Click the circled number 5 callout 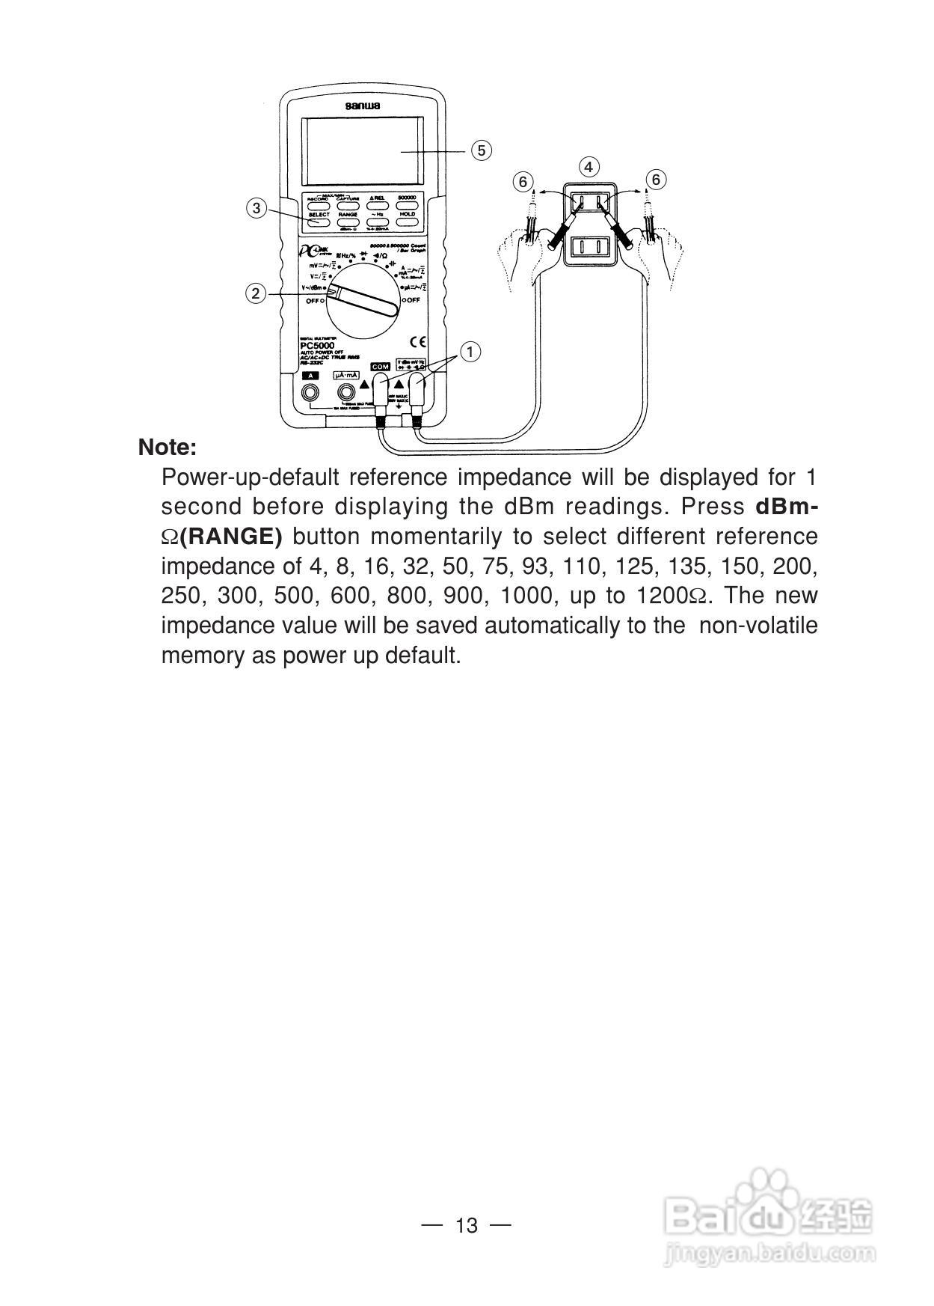[x=481, y=150]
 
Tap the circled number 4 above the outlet [x=589, y=167]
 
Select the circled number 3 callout [x=256, y=208]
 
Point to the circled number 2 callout [x=256, y=293]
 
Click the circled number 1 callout [x=470, y=352]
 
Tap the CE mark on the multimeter [x=419, y=343]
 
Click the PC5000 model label [x=317, y=346]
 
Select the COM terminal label [x=380, y=367]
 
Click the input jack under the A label [x=309, y=392]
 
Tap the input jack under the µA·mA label [x=346, y=392]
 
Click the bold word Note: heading [x=168, y=448]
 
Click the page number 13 [x=466, y=1226]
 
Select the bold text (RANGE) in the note [x=232, y=537]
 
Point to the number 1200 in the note [x=661, y=596]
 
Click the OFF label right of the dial [x=412, y=300]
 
